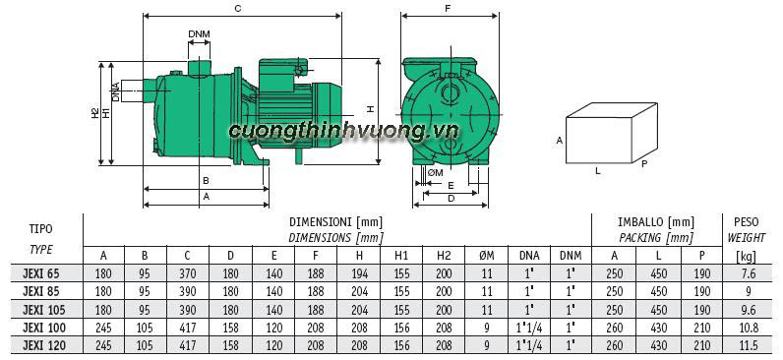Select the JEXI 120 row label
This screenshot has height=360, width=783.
[44, 345]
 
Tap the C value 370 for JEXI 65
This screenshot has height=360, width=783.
[187, 273]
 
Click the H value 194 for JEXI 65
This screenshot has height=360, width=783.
[359, 273]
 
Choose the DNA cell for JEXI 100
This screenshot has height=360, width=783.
[529, 327]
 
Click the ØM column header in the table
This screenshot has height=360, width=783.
[487, 256]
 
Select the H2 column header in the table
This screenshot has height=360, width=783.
[444, 256]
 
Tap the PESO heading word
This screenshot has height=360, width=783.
[747, 221]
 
